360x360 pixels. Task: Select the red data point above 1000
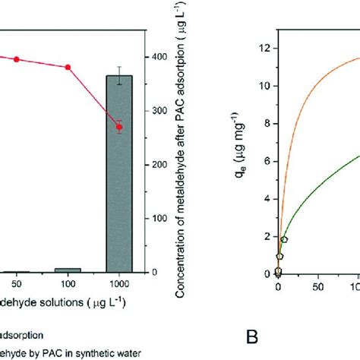pyautogui.click(x=118, y=127)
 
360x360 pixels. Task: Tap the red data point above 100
pyautogui.click(x=68, y=68)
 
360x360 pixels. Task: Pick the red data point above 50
pyautogui.click(x=16, y=59)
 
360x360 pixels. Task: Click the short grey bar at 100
pyautogui.click(x=68, y=270)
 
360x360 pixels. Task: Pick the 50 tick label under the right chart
pyautogui.click(x=317, y=288)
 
